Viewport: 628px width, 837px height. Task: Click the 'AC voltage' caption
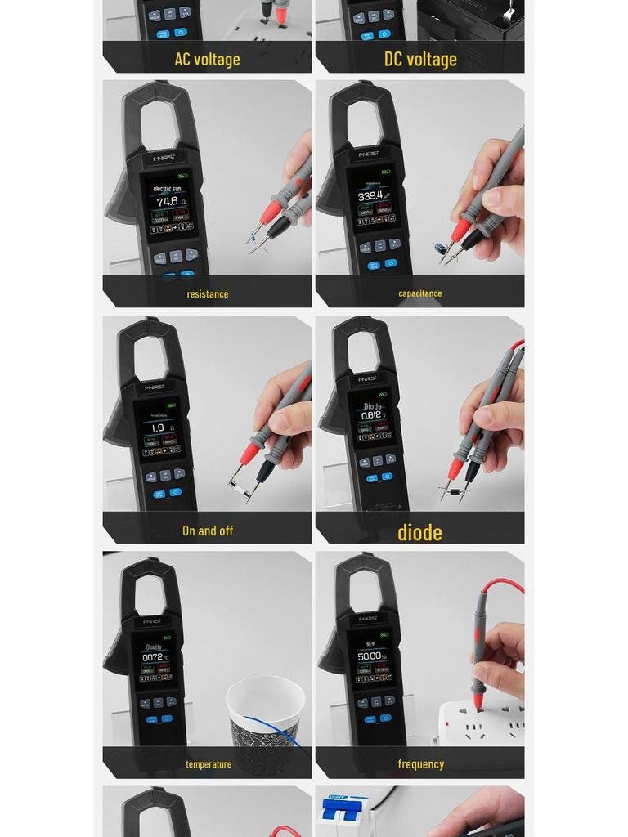point(207,59)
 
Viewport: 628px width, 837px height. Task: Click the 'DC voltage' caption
point(420,59)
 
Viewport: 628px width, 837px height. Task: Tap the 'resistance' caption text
point(208,293)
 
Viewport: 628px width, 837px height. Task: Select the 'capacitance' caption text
point(420,293)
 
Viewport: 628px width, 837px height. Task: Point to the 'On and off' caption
point(208,530)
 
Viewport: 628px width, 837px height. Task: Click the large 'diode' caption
point(419,532)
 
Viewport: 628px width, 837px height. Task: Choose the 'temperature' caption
point(209,763)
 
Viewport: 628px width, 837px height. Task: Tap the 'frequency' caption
point(421,763)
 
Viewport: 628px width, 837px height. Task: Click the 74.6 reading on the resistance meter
point(167,201)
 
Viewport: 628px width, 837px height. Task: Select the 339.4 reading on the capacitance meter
point(370,196)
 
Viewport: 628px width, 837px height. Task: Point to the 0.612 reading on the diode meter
point(371,415)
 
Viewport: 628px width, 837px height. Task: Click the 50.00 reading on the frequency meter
point(370,656)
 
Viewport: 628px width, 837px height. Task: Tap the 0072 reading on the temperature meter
point(153,656)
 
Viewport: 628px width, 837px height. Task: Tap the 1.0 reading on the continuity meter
point(158,427)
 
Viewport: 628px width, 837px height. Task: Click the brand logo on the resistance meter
point(164,157)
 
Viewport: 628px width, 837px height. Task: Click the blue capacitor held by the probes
point(441,248)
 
